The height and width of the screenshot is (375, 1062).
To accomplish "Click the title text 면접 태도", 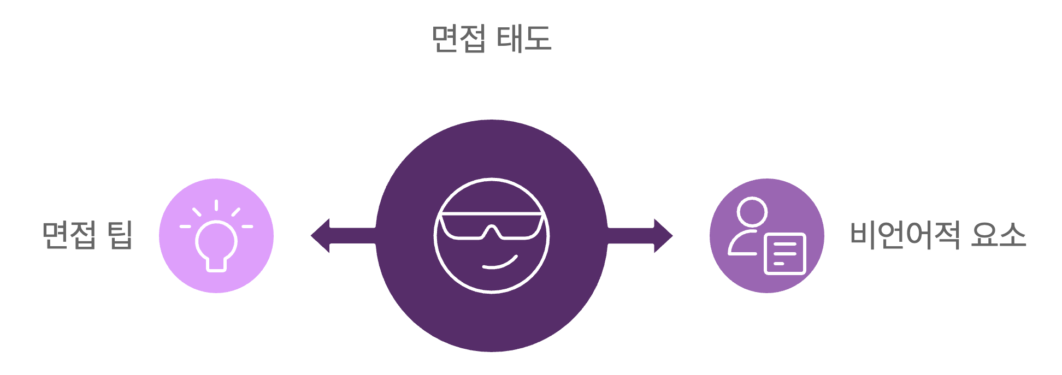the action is click(x=491, y=39).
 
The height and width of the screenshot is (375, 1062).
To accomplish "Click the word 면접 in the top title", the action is click(x=458, y=39).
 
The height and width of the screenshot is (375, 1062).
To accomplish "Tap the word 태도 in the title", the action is click(x=524, y=39).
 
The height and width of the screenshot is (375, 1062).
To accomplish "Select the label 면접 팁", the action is click(x=87, y=235).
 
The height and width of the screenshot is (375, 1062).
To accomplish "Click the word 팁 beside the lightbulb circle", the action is click(x=120, y=235).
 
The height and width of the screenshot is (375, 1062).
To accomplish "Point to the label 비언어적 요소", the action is click(x=937, y=235).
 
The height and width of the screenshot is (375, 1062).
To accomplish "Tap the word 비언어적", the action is click(x=905, y=235).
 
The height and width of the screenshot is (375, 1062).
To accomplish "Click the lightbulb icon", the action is click(x=216, y=240).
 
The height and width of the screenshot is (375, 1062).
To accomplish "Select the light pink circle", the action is click(x=175, y=262).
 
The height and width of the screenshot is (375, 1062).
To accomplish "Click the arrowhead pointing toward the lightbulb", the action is click(x=321, y=236).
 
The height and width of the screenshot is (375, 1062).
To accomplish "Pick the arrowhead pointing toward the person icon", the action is click(x=663, y=236).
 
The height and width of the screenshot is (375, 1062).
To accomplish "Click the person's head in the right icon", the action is click(x=752, y=212).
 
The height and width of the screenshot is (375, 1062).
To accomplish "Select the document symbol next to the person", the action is click(x=786, y=254).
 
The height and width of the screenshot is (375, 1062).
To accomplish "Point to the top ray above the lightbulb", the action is click(x=216, y=205).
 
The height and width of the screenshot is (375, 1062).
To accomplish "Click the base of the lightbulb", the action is click(x=216, y=265).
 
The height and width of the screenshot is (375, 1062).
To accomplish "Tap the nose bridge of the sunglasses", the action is click(x=492, y=230).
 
